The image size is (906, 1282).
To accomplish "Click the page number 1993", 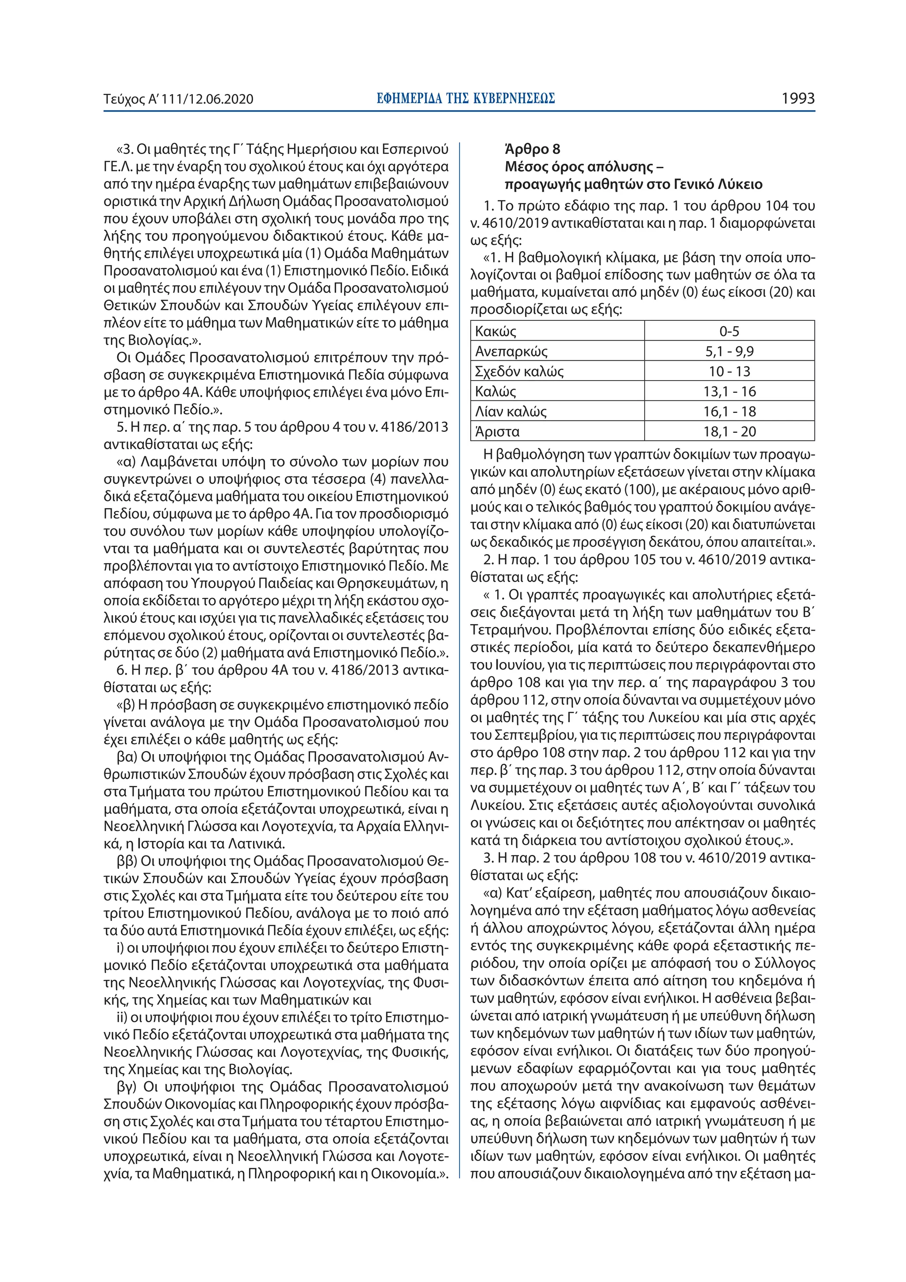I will [798, 99].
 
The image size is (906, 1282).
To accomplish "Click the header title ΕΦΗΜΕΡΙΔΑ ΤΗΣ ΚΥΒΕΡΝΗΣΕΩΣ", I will [465, 99].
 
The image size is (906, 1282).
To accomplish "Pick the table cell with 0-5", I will [729, 331].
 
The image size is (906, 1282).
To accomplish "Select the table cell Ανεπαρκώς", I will [511, 351].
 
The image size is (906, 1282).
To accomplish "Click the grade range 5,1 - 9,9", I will [729, 351].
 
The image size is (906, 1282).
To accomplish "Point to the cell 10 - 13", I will [729, 371].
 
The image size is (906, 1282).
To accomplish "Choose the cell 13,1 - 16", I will [729, 391].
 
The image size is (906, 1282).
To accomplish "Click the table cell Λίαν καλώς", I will [510, 412].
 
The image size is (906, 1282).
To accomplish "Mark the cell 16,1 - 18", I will [729, 412].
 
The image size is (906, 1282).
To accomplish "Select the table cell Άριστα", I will [497, 431].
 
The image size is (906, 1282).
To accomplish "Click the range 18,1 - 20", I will [729, 431].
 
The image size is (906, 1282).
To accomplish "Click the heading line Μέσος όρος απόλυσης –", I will [584, 166].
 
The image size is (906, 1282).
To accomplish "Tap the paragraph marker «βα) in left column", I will [127, 757].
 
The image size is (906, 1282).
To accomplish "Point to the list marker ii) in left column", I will [122, 1017].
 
